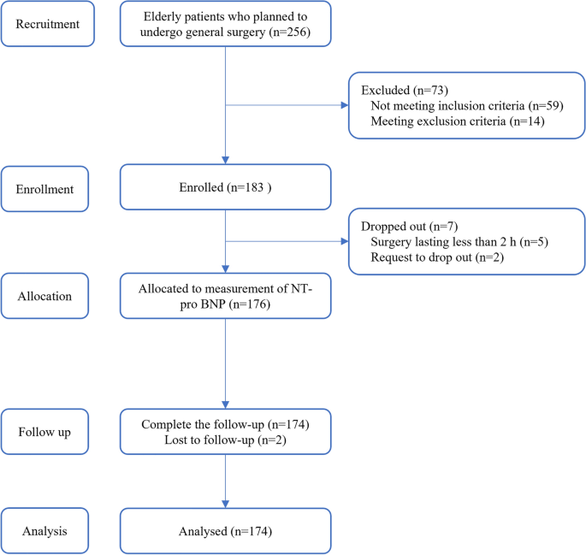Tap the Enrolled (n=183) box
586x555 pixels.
(x=224, y=187)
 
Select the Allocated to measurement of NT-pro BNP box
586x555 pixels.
(x=224, y=295)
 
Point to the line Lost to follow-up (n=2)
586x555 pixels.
(x=224, y=440)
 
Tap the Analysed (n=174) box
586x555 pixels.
(x=224, y=529)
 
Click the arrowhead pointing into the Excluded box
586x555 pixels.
(x=344, y=107)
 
